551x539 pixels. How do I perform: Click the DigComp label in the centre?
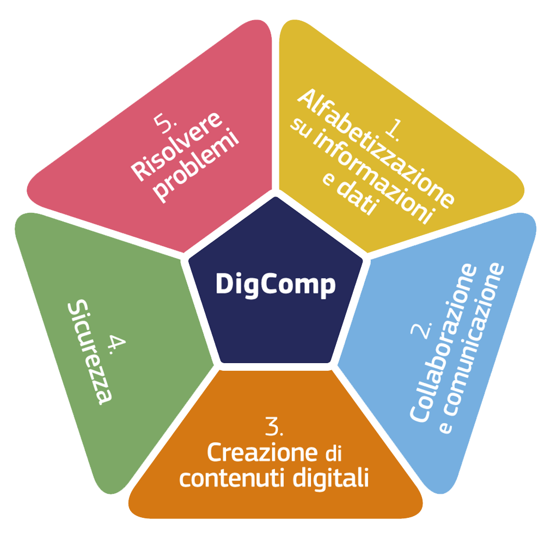(x=275, y=284)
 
